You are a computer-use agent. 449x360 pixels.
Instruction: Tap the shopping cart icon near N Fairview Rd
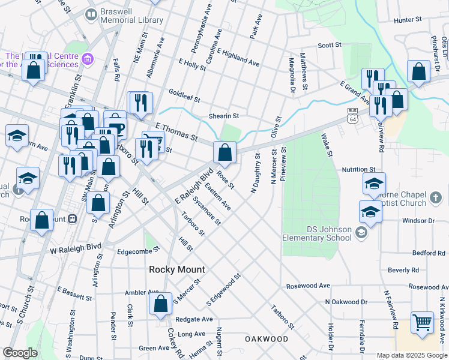[x=422, y=322]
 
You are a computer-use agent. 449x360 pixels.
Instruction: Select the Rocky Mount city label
[x=177, y=270]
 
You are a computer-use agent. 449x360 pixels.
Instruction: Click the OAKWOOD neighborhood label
[x=267, y=339]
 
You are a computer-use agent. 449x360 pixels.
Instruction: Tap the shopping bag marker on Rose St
[x=224, y=153]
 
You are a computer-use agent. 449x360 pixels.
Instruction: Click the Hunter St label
[x=409, y=20]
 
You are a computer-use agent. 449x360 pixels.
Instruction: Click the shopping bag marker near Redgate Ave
[x=161, y=305]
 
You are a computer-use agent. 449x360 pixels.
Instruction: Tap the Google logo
[x=20, y=353]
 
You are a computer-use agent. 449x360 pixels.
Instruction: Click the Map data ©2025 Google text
[x=412, y=355]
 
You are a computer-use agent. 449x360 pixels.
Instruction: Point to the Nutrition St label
[x=358, y=170]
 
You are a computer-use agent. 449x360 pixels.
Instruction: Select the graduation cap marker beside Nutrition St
[x=374, y=184]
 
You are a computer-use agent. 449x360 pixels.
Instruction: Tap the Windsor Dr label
[x=418, y=221]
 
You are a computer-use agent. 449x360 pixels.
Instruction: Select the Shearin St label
[x=223, y=116]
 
